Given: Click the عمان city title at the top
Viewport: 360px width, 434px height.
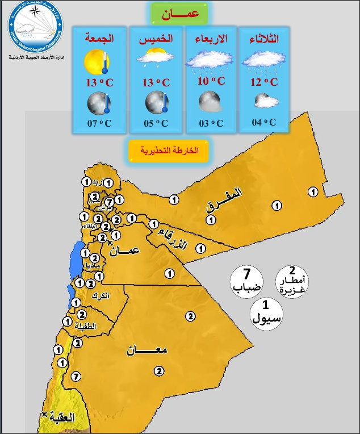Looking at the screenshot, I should coord(179,14).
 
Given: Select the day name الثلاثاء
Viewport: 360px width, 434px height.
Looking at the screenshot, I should coord(264,39).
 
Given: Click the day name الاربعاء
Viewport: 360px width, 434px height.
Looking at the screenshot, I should coord(211,39).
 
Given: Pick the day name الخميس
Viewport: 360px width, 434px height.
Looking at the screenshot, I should coord(156,39).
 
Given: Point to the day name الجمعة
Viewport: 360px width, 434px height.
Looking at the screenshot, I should coord(99,39).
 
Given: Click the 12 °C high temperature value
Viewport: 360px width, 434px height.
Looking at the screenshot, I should coord(264,82).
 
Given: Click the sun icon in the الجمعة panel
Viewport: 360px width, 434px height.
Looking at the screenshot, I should coord(95,61).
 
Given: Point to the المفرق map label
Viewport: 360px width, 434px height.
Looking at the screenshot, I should coord(224,199).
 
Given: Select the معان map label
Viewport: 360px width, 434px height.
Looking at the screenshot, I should coord(147,351).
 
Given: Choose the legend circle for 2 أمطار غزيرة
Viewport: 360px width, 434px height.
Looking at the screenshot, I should coord(292,279).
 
